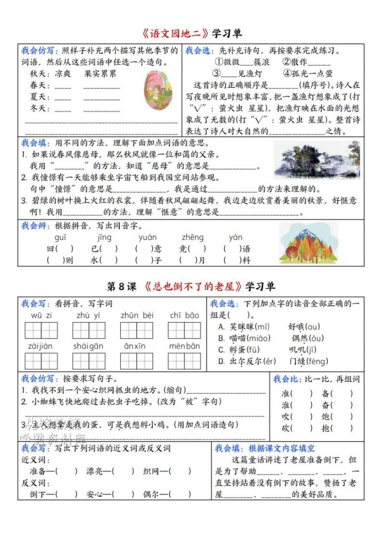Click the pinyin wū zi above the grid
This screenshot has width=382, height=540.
tap(41, 315)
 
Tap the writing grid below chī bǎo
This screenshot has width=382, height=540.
tap(184, 331)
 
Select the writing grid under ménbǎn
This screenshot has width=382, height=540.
tap(184, 361)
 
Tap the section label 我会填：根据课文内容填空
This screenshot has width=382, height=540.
tap(264, 448)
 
